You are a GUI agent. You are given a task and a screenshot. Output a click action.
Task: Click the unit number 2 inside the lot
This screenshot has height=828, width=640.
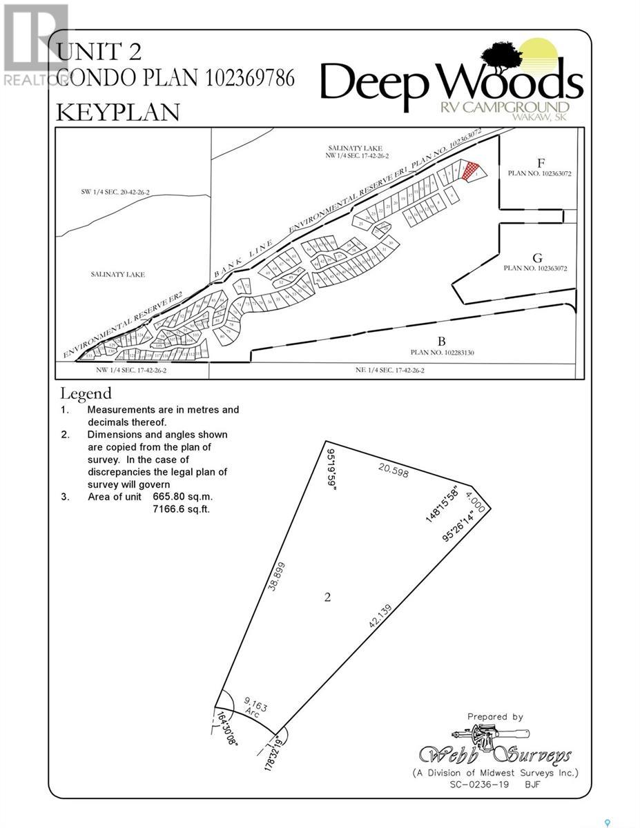[327, 597]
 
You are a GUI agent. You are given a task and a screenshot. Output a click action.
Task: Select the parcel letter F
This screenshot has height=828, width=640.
[541, 164]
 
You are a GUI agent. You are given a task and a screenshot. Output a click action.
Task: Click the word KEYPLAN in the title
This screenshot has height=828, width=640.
[117, 112]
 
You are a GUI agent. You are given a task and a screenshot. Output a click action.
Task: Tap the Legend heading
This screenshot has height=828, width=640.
[86, 394]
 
